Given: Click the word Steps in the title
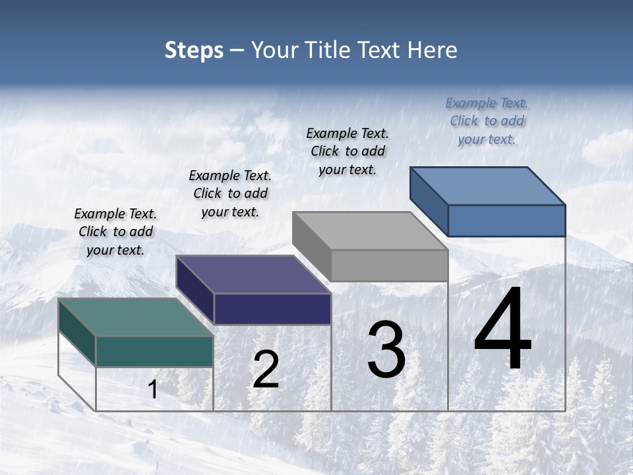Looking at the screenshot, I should point(194,50).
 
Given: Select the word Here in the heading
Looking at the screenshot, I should point(432,50).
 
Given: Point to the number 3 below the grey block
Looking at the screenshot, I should point(386,350).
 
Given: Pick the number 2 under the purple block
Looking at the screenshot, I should point(266,370).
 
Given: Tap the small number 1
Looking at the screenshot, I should point(153,390).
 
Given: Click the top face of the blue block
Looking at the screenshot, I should point(488,185).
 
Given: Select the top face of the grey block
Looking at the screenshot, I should point(370,230).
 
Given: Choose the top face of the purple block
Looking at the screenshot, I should point(253,274).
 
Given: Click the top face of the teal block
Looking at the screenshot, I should point(136,317).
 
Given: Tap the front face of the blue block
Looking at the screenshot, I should point(506,220).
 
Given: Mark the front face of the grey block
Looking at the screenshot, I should point(389,266).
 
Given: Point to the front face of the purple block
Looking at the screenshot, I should point(272,309).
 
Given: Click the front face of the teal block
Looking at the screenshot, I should point(154,351).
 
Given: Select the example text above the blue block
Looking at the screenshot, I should point(487,121).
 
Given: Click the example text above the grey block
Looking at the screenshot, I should point(347,151).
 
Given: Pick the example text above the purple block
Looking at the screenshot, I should point(230,193).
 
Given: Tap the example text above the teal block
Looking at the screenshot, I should point(115,232).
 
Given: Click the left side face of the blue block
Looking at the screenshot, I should point(429,201).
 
